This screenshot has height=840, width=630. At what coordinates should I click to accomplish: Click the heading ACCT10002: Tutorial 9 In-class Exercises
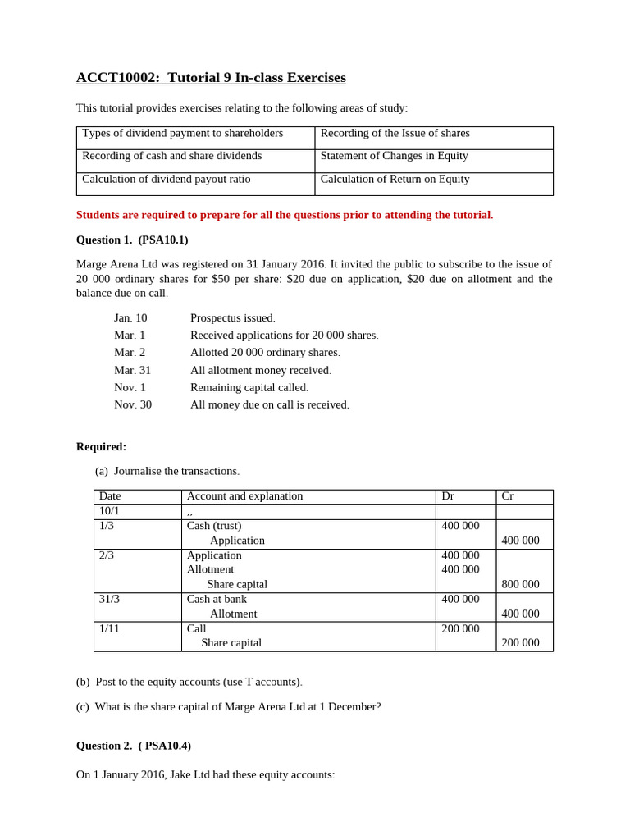coord(211,78)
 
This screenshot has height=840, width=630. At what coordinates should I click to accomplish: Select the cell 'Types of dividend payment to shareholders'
coord(182,134)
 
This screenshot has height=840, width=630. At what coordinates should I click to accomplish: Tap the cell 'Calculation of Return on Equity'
coord(395,180)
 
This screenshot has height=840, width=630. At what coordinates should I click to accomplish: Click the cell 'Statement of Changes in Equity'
coord(394,156)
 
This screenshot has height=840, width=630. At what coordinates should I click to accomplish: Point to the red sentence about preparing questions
coord(285,215)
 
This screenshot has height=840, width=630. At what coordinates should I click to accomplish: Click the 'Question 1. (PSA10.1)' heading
coord(132,240)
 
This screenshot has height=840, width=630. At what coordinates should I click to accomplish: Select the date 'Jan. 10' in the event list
coord(130,318)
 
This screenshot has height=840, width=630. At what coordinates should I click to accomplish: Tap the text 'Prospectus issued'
coord(232,318)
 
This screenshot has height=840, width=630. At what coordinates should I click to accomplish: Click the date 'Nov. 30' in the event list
coord(132,404)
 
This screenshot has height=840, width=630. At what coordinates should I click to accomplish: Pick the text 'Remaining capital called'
coord(249,387)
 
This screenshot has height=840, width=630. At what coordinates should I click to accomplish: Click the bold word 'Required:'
coord(101,447)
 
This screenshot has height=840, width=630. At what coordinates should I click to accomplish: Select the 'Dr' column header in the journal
coord(448,496)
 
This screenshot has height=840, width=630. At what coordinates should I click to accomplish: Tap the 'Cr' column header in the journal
coord(507,496)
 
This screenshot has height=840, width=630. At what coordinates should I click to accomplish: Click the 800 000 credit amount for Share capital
coord(520,585)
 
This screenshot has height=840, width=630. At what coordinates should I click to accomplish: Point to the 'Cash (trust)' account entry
coord(214,526)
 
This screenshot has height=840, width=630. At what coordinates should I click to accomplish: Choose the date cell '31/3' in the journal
coord(109,600)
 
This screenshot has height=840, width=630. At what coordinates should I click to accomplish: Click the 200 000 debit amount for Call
coord(460,629)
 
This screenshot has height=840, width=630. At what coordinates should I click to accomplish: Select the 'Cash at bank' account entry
coord(217,600)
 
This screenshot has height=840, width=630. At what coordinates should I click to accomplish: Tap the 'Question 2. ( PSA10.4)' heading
coord(134,746)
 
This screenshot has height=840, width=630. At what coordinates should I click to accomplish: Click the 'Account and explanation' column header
coord(244,496)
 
